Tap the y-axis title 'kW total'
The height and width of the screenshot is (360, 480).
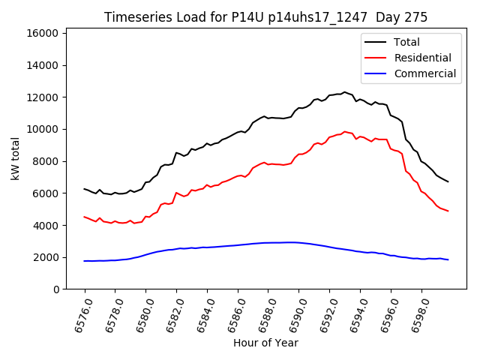coord(15,159)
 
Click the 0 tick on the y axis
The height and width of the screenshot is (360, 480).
coord(56,289)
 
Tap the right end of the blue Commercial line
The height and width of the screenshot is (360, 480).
coord(448,259)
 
